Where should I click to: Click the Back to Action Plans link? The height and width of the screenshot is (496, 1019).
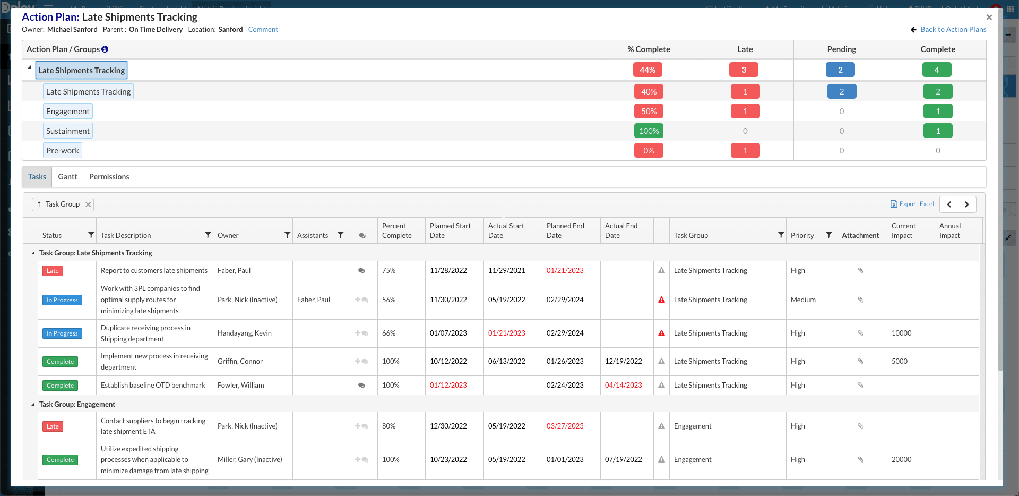click(953, 30)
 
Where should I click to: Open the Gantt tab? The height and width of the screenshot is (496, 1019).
click(67, 177)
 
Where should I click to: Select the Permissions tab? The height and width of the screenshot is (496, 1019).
click(109, 177)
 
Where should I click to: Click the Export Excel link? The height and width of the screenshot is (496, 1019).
click(912, 204)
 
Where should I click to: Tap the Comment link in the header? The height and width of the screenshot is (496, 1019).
click(263, 30)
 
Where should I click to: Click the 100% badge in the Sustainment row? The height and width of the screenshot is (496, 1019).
click(649, 131)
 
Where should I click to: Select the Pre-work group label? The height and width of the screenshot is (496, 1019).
click(63, 151)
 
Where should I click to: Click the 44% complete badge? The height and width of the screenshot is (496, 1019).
click(647, 70)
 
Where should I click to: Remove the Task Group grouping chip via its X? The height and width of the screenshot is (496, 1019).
click(88, 204)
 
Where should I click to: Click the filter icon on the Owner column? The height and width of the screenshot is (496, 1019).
click(287, 235)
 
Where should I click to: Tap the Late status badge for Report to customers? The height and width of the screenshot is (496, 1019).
click(53, 271)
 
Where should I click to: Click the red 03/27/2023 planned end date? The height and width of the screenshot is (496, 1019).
click(565, 426)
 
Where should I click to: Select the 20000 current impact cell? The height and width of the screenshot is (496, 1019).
click(901, 459)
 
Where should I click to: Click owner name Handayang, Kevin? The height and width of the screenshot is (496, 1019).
click(244, 333)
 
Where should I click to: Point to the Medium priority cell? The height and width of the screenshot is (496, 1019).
click(803, 300)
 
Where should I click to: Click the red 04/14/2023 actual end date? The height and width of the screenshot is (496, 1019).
click(623, 386)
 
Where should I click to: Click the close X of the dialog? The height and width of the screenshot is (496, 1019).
click(989, 18)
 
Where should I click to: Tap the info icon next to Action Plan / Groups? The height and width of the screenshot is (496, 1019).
click(105, 49)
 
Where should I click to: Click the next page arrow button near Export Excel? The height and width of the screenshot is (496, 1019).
click(967, 204)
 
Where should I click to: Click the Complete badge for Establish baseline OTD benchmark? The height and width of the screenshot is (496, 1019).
click(60, 386)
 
